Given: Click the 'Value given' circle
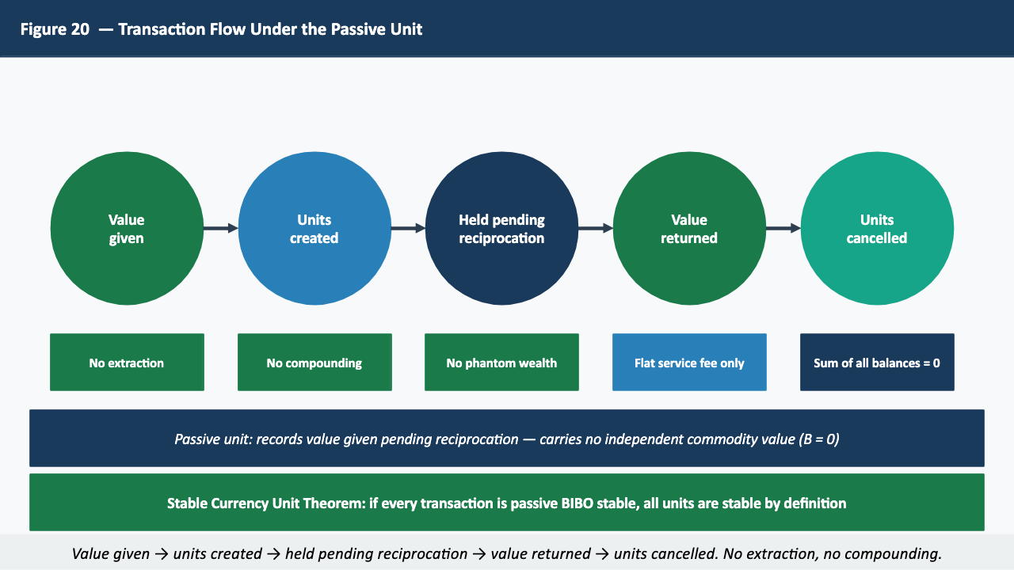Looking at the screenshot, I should click(x=127, y=229).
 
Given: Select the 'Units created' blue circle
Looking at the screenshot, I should click(x=314, y=229).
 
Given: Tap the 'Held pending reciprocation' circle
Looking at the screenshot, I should click(x=501, y=229).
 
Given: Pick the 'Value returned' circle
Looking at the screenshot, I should click(x=689, y=229).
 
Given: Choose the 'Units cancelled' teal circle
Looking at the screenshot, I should click(x=877, y=229).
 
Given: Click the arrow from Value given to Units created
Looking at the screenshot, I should click(x=220, y=229).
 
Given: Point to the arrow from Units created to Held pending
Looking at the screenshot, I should click(x=408, y=229).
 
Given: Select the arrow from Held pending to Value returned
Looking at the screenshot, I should click(x=596, y=229).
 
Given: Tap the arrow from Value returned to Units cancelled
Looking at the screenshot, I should click(x=783, y=229).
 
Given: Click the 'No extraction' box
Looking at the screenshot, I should click(x=127, y=363).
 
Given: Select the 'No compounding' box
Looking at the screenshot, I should click(x=314, y=363).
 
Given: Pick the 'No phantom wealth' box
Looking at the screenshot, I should click(x=501, y=363).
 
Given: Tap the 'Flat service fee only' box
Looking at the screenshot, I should click(x=689, y=363).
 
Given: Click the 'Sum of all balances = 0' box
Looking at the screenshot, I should click(x=877, y=363).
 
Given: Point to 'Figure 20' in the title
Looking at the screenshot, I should click(x=55, y=29).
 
